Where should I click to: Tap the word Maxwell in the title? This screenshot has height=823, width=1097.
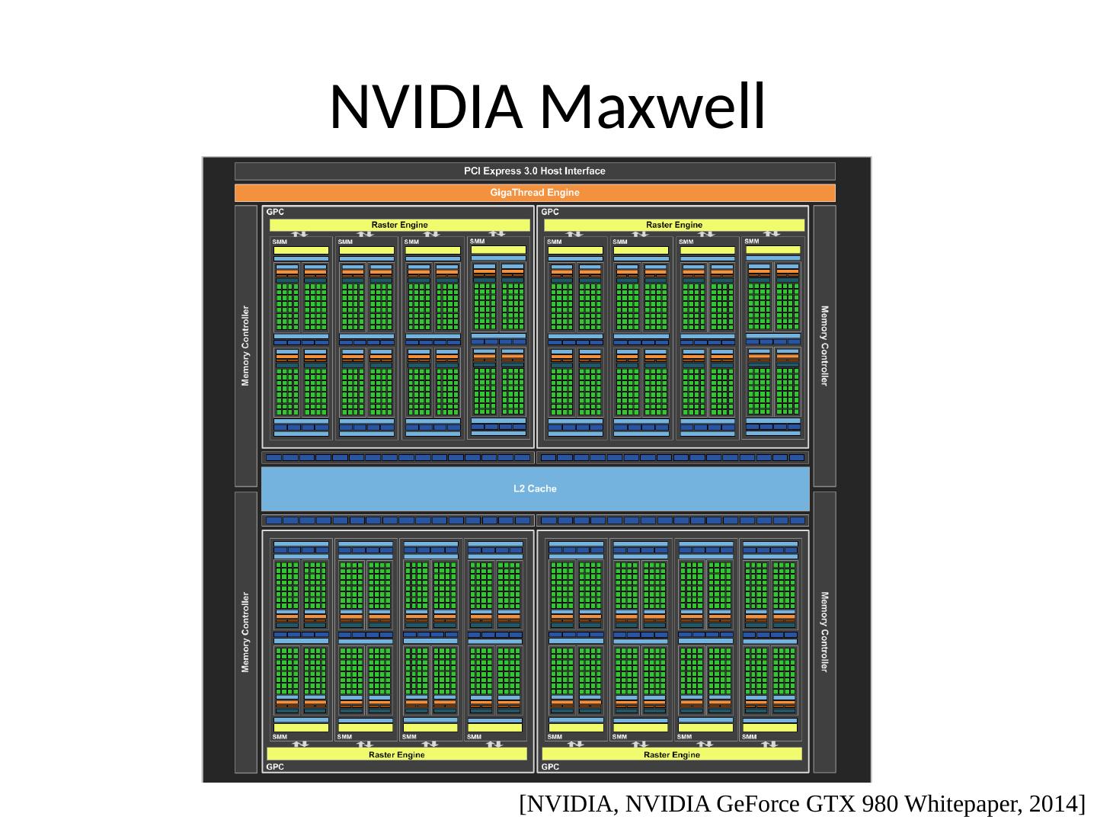pos(651,107)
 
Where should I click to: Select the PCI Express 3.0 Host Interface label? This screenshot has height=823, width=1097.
pos(535,171)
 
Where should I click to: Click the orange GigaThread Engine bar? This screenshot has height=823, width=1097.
pos(535,193)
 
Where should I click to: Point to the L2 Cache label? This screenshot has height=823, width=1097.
pos(535,488)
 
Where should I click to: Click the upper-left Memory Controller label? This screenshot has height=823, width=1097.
pos(245,346)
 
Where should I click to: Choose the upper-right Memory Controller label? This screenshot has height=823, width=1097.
pos(824,346)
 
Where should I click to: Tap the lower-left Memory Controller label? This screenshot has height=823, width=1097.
pos(245,632)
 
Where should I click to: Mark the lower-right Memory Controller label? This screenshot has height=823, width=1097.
pos(824,632)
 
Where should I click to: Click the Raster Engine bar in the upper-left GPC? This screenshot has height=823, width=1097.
pos(399,225)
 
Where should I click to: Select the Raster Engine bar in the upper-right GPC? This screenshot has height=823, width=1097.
pos(674,225)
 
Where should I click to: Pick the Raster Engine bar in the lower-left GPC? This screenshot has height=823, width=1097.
pos(397,754)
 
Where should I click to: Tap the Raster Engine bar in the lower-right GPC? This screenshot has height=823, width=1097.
pos(672,754)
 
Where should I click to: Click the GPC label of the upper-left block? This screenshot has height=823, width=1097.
pos(275,212)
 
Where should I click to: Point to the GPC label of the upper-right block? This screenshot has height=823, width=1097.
pos(550,212)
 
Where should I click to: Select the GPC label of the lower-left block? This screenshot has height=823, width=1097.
pos(275,767)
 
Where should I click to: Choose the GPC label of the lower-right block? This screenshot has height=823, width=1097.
pos(550,767)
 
